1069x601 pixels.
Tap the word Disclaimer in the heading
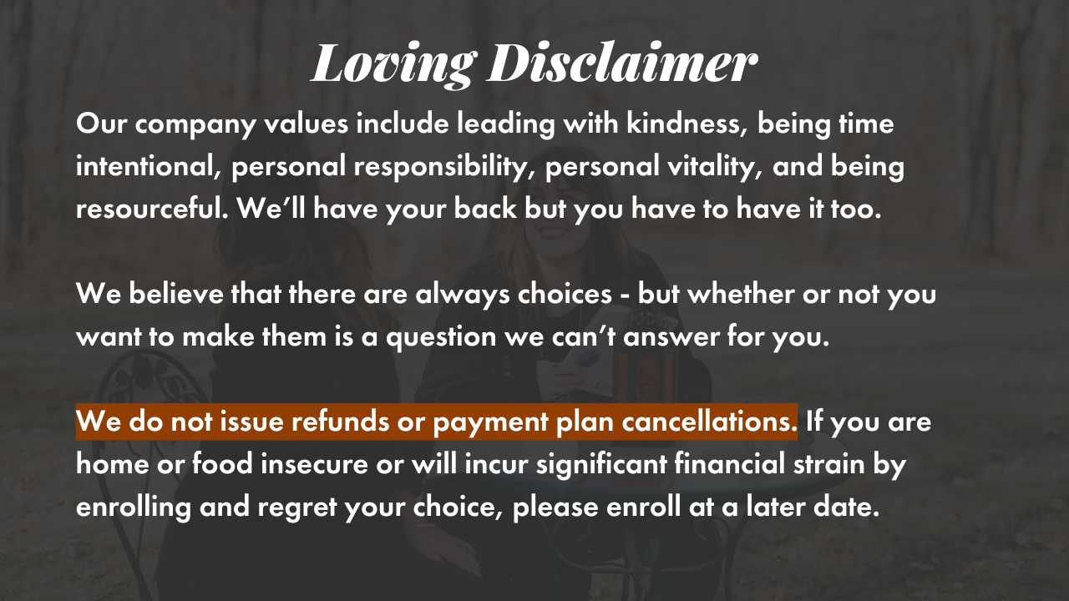point(623,62)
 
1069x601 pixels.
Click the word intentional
point(149,166)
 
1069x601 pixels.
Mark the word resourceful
point(152,209)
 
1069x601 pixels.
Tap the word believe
point(176,293)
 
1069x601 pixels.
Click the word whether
point(741,293)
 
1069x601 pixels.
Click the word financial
point(729,463)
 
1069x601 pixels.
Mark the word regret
point(296,508)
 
